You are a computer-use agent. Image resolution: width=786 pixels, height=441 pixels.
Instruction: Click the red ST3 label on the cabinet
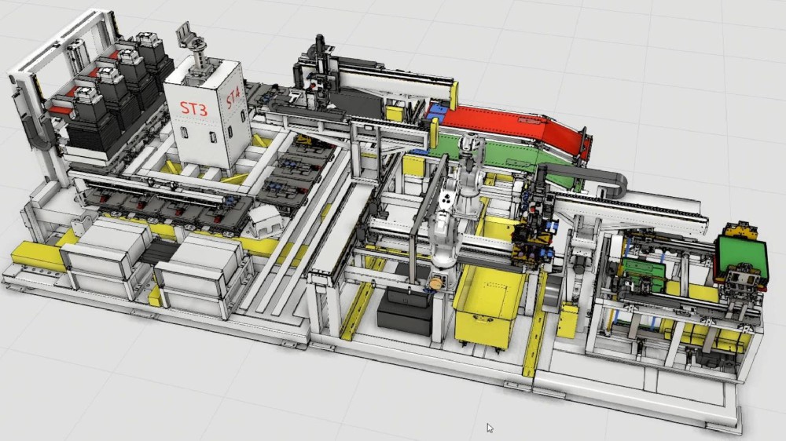[193, 108]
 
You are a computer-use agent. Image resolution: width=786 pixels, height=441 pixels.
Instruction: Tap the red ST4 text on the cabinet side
[233, 97]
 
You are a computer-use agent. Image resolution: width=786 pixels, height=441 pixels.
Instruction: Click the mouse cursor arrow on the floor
[490, 428]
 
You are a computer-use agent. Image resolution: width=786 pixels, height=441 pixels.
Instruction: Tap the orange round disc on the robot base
[435, 284]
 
